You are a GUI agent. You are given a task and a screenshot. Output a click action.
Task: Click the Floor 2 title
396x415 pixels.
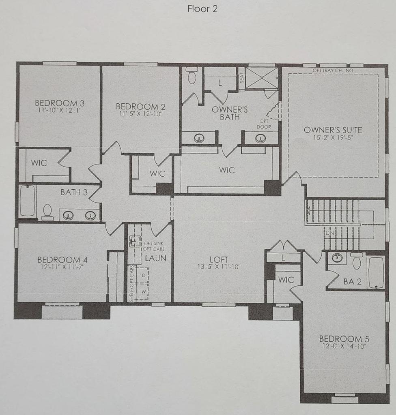202,9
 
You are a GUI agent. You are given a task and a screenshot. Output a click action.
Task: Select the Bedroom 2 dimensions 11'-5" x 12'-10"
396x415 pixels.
140,114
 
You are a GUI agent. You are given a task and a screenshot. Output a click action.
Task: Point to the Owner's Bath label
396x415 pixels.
230,113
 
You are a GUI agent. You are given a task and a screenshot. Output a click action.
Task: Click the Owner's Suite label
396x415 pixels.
333,130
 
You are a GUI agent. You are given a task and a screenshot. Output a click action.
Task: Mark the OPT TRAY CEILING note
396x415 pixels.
333,71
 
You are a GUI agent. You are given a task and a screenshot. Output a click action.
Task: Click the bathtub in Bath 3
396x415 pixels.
27,201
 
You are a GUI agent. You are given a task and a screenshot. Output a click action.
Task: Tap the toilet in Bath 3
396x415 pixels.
47,212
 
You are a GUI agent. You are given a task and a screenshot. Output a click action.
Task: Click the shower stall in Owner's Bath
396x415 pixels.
262,78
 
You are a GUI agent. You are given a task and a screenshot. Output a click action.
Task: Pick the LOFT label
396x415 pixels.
219,259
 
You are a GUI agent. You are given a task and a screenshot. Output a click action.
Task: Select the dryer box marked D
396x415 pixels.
143,276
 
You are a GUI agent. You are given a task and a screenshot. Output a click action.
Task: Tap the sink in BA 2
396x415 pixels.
337,258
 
